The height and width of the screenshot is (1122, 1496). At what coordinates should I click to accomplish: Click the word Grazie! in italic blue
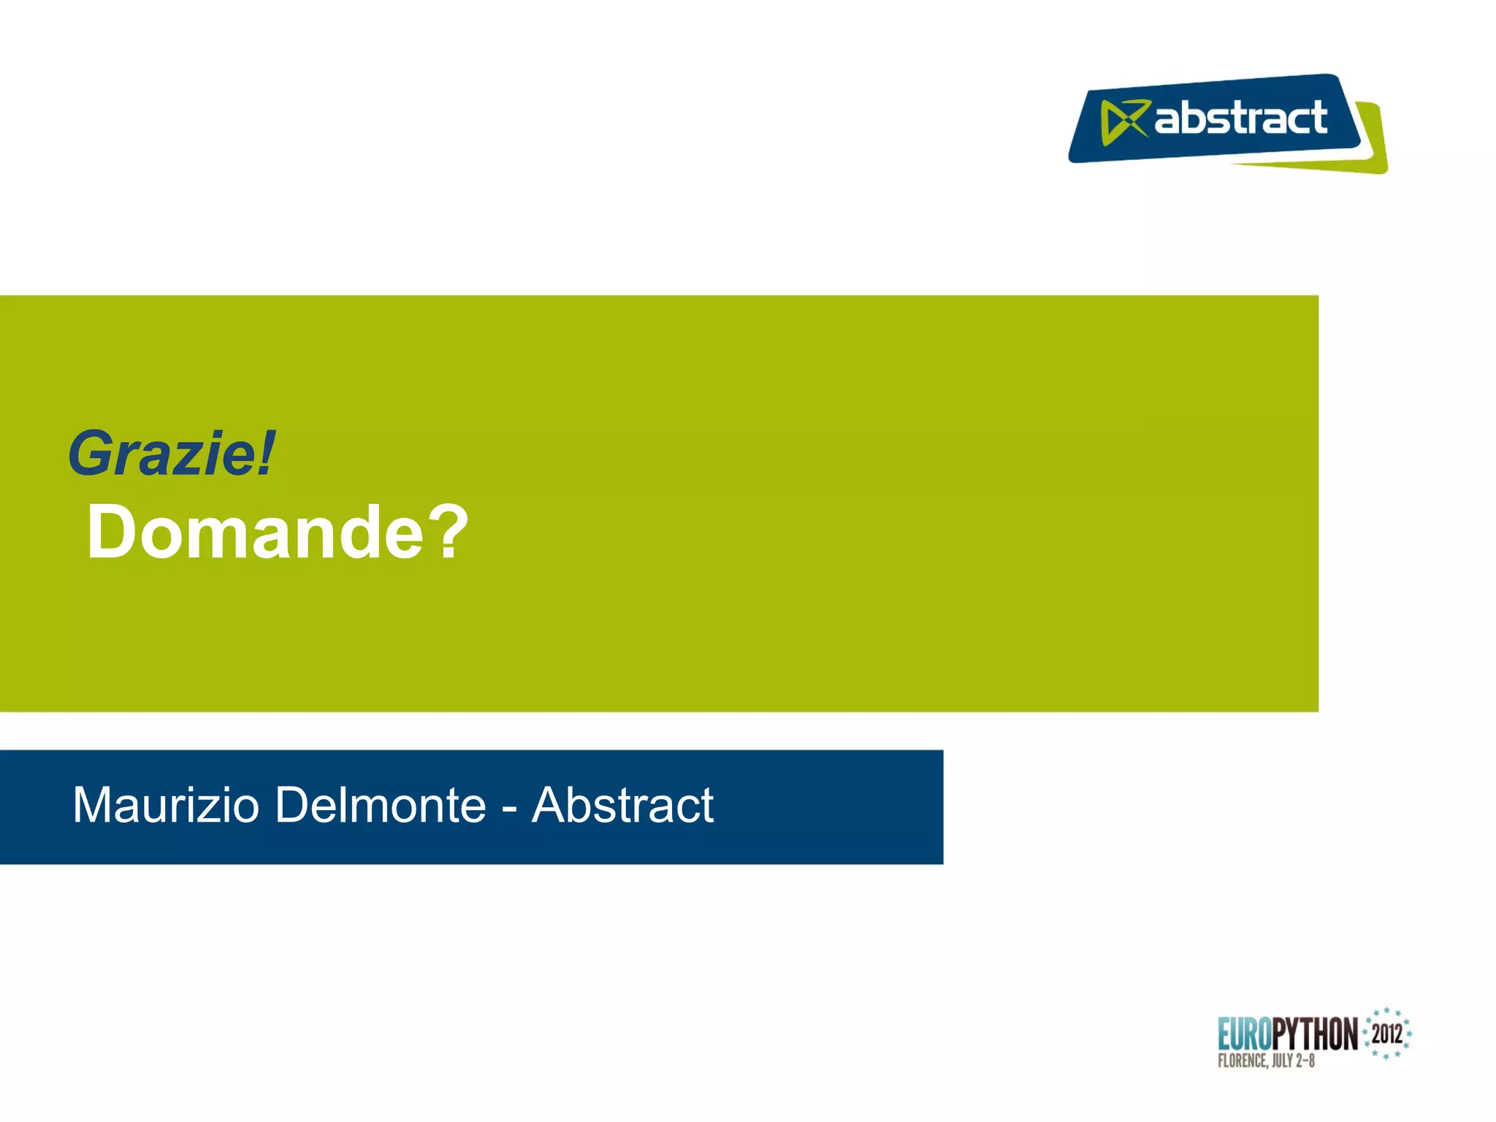coord(172,454)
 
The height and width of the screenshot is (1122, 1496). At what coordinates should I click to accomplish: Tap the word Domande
coord(255,533)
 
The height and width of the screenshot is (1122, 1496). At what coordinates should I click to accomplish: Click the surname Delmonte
coord(381,805)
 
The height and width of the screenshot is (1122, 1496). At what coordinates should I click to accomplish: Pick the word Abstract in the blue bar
coord(622,805)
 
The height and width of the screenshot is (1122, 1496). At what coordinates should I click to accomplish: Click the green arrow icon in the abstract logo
coord(1123,121)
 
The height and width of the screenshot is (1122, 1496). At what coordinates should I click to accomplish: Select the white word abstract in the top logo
coord(1240,118)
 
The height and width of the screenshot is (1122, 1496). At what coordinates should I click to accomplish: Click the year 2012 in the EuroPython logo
coord(1386,1034)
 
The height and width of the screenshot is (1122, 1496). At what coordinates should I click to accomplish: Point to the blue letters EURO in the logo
coord(1245,1034)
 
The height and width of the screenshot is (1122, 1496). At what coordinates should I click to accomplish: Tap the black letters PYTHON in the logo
coord(1314,1034)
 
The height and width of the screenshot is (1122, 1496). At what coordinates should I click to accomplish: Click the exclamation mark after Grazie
coord(267,454)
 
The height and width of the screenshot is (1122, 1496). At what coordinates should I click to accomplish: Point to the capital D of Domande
coord(111,533)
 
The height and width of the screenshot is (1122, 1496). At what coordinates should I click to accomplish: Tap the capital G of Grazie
coord(90,454)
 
